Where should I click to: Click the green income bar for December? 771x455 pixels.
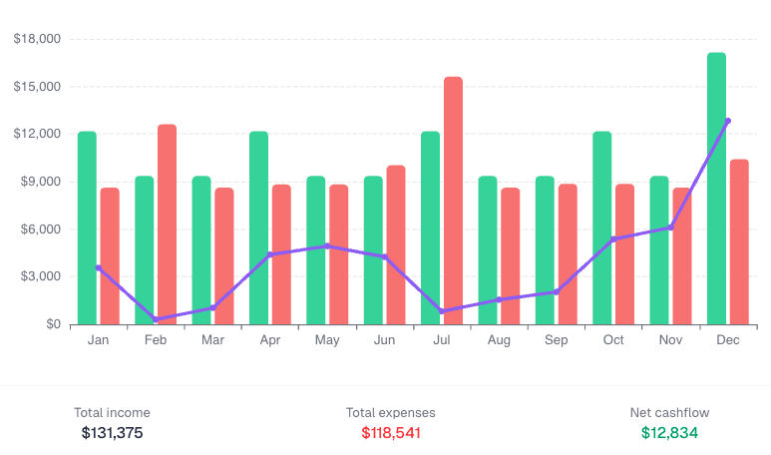(716, 189)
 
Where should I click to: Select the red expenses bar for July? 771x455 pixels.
(453, 201)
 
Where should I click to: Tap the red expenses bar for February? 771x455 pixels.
(167, 225)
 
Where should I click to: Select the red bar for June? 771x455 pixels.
(396, 244)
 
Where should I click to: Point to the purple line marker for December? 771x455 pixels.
(728, 121)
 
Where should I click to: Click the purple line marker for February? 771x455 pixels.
(156, 319)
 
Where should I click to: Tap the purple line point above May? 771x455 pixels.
(327, 245)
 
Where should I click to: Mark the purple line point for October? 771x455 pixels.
(613, 238)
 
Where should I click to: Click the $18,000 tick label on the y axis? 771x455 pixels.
(38, 39)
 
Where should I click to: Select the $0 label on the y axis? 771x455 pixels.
(52, 324)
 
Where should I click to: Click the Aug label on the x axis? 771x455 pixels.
(499, 340)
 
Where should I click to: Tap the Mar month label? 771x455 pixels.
(212, 340)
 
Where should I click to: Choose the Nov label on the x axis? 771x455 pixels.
(670, 340)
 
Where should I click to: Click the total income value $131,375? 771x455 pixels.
(113, 433)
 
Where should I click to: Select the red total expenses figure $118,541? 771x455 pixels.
(391, 433)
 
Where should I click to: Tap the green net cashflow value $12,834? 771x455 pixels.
(669, 433)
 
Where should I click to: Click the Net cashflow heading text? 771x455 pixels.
(669, 412)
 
